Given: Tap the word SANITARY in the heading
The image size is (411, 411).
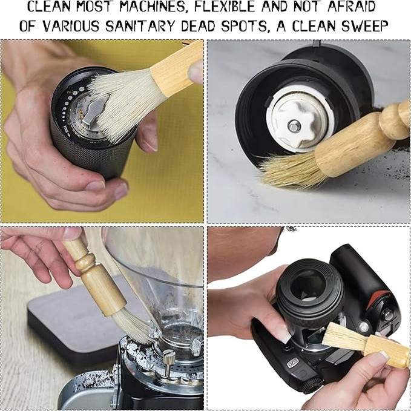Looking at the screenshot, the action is [140, 26].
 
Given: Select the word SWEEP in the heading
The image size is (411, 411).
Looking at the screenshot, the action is [366, 26].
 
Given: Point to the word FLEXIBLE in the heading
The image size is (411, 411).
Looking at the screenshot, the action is [225, 7].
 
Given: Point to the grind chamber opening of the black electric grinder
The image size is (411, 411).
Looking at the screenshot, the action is [309, 285].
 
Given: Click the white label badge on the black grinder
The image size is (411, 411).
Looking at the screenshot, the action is [293, 364].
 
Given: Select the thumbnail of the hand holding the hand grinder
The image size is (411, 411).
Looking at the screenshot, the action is [95, 186].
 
